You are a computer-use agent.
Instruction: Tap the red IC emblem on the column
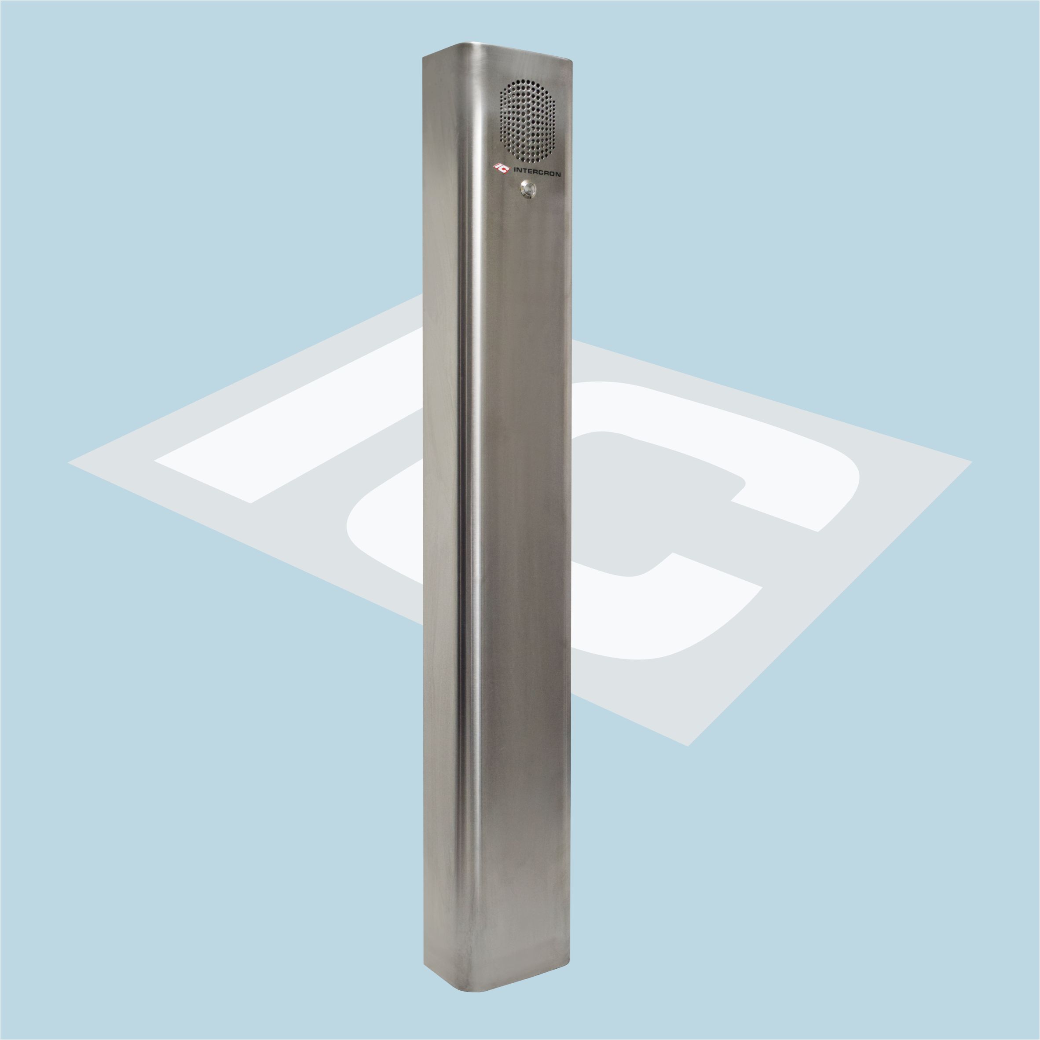[x=501, y=169]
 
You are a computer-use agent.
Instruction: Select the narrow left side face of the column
[x=441, y=511]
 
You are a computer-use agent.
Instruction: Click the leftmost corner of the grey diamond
[x=69, y=462]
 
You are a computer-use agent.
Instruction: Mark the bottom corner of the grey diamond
[x=688, y=746]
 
